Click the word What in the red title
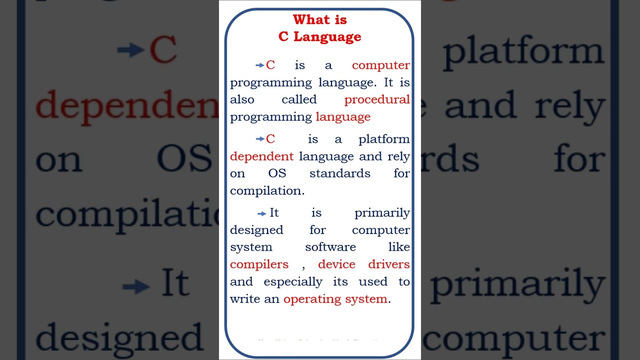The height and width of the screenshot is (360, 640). (x=306, y=20)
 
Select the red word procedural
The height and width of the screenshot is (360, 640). (x=377, y=99)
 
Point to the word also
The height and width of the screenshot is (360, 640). (x=242, y=99)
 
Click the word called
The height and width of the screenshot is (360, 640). (x=299, y=99)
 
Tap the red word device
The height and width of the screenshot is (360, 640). (x=336, y=264)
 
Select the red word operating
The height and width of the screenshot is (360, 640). (x=305, y=299)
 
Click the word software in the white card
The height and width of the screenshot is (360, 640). (x=330, y=247)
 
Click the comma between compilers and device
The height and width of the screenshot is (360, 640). (x=303, y=267)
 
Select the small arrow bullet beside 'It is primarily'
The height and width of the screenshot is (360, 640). (x=261, y=214)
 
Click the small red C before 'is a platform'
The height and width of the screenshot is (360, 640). (x=270, y=139)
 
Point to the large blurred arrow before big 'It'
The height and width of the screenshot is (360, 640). (x=135, y=286)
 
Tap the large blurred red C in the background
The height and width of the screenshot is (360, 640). (x=163, y=50)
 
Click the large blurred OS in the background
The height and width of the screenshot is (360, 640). (x=184, y=159)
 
